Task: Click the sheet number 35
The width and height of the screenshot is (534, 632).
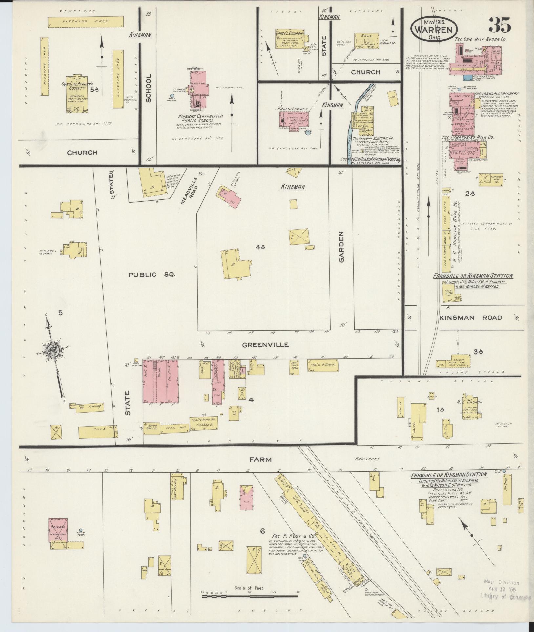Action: (x=500, y=25)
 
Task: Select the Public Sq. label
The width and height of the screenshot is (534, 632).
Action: (x=152, y=275)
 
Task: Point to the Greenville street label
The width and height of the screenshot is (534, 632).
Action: (x=265, y=345)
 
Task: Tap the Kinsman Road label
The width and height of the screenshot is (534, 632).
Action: (x=471, y=317)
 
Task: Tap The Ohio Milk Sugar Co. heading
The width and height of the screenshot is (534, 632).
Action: (x=481, y=40)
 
